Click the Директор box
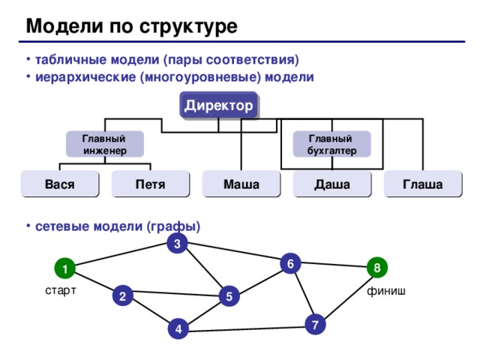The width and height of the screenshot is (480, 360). [x=219, y=106]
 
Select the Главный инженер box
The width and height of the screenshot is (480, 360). [x=104, y=144]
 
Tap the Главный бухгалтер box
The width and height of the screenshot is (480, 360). [x=332, y=144]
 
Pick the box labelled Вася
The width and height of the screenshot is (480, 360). [x=60, y=184]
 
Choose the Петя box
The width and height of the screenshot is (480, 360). [x=150, y=184]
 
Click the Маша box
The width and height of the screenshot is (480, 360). [x=241, y=184]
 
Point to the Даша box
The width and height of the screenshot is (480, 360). [x=331, y=184]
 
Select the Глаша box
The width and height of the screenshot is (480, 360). [x=421, y=184]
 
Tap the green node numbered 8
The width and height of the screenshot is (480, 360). [x=376, y=267]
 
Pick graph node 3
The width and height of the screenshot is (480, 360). [x=176, y=244]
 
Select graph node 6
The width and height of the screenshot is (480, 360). [x=289, y=262]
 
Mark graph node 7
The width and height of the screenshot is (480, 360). [x=316, y=325]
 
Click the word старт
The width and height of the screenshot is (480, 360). [x=60, y=291]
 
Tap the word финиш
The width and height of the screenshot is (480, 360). [x=386, y=291]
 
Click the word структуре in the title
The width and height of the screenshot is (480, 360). [x=190, y=27]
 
